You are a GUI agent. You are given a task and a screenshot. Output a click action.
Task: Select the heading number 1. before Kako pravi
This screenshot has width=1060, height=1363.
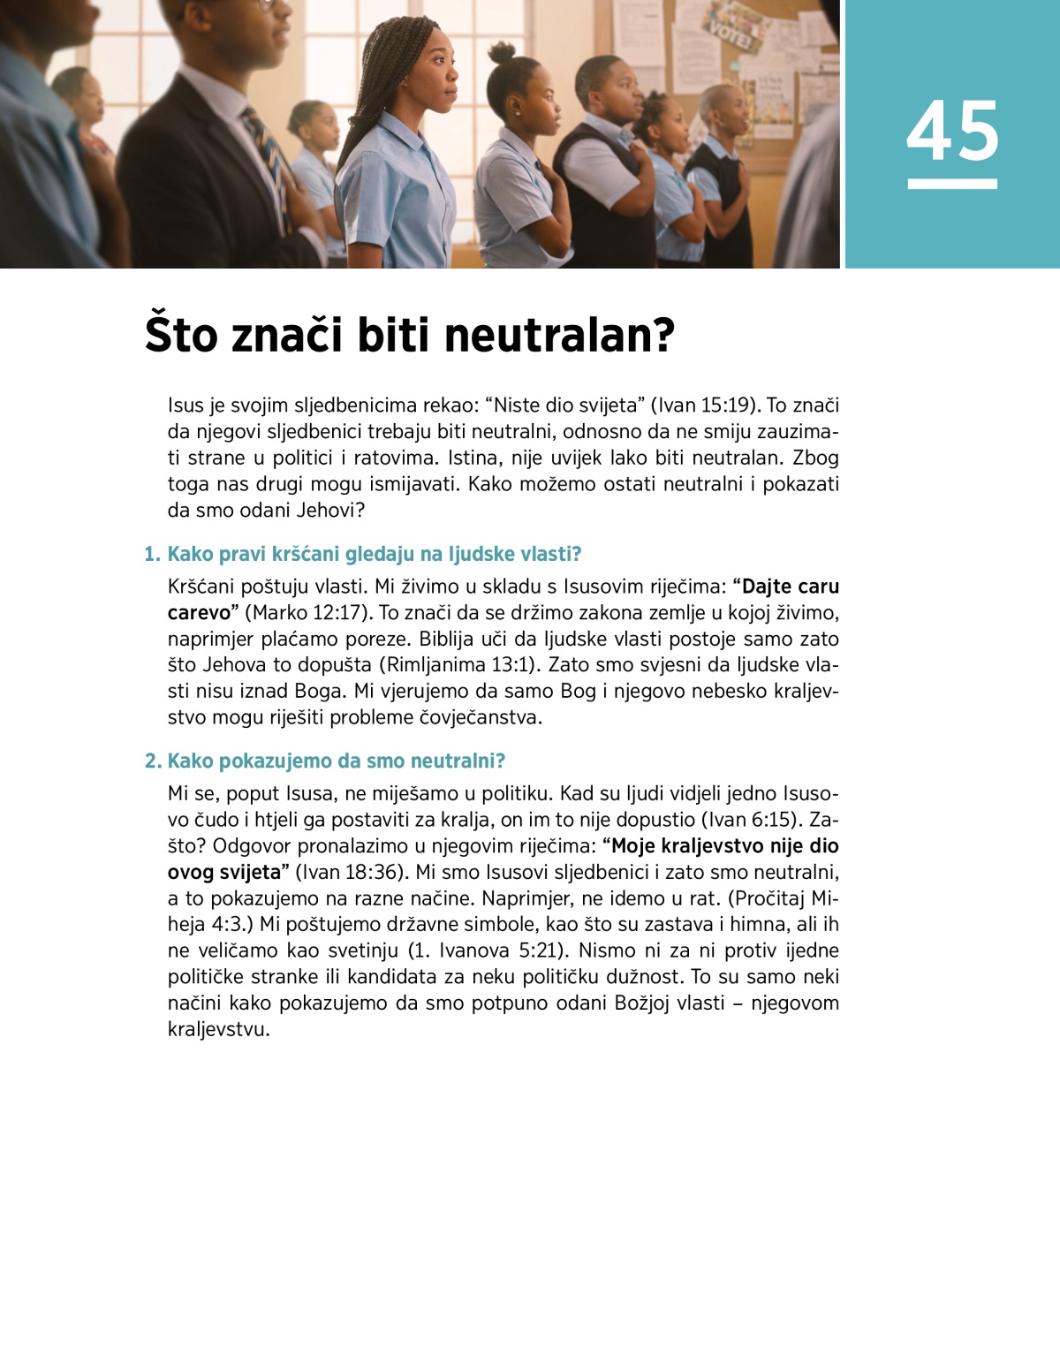(153, 555)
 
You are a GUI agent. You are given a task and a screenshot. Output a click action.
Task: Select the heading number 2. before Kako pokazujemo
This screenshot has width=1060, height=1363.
(153, 761)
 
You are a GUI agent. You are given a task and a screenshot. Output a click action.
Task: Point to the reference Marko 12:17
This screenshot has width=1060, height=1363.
(307, 613)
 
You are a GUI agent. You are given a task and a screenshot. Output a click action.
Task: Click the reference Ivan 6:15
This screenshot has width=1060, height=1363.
(748, 820)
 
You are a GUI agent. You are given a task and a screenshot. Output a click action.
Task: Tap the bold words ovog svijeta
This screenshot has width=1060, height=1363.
(224, 873)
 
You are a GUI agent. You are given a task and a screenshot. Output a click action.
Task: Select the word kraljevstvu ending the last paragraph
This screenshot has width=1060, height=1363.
(217, 1030)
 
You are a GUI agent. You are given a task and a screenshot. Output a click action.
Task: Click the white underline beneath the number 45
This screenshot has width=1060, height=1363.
(952, 184)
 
